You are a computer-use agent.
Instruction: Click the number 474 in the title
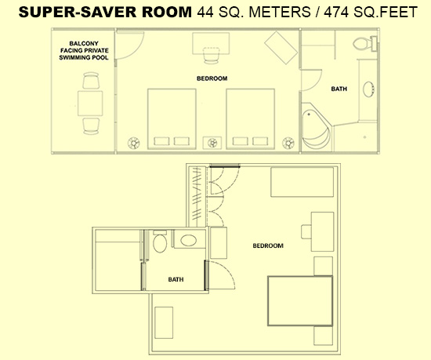(337, 12)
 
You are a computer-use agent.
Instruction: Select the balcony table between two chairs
(90, 104)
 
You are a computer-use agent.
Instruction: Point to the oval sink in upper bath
(368, 89)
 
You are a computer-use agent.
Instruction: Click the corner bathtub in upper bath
(317, 127)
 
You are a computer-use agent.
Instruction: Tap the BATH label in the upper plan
(339, 89)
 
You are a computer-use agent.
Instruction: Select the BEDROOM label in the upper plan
(212, 78)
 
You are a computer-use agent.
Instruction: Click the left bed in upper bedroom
(172, 118)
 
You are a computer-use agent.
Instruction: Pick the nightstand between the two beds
(212, 143)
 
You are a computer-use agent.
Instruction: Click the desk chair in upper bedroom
(212, 55)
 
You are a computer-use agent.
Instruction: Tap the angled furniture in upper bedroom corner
(281, 48)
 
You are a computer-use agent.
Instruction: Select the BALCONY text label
(84, 43)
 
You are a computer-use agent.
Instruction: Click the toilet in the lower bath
(160, 242)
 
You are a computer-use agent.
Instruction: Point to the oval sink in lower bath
(189, 240)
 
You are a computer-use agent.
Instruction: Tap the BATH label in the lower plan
(176, 279)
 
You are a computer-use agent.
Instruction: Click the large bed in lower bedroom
(300, 301)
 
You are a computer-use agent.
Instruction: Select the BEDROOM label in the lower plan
(268, 245)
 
